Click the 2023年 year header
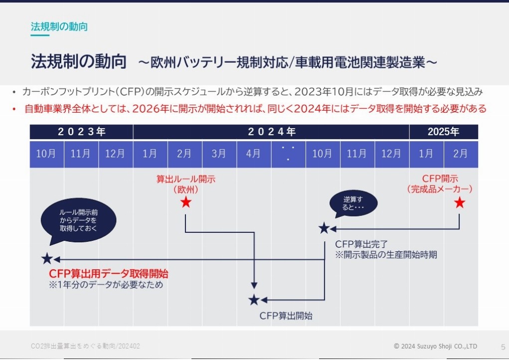click(x=81, y=132)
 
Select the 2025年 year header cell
click(x=443, y=132)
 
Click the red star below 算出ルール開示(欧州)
click(x=185, y=202)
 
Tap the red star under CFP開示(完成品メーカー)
click(x=459, y=203)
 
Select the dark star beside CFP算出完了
click(x=324, y=228)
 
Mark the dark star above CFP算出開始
click(x=254, y=300)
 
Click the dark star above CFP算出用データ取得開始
click(x=47, y=258)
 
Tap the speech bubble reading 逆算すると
click(x=353, y=204)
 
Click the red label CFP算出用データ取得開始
click(x=108, y=273)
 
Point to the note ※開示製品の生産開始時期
click(x=386, y=254)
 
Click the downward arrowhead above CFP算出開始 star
click(x=254, y=285)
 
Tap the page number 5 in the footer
click(x=503, y=347)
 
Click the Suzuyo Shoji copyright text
click(x=435, y=346)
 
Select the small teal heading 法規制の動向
click(x=59, y=26)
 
